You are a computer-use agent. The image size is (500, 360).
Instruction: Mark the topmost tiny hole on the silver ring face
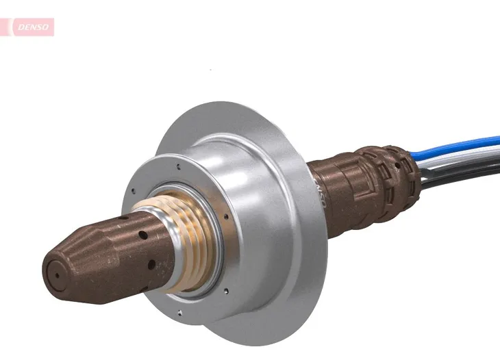[178, 165]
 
